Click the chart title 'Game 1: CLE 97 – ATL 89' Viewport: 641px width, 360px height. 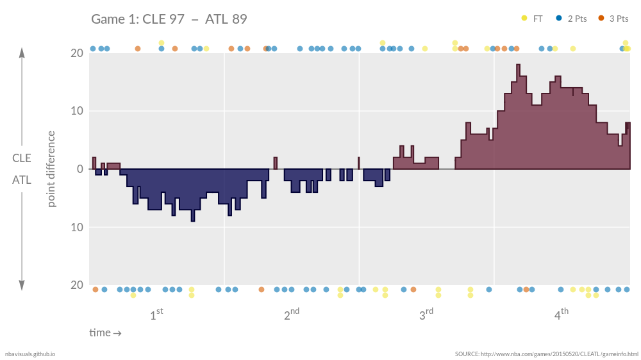[x=169, y=19]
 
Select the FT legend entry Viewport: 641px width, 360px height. [x=533, y=19]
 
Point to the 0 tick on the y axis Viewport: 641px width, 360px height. [x=79, y=169]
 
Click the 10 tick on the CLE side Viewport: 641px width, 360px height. [x=76, y=111]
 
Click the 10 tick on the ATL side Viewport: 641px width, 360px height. [x=76, y=227]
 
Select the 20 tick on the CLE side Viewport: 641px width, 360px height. [x=76, y=53]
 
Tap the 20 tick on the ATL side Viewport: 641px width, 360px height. [x=76, y=285]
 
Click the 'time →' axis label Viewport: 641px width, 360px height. [x=105, y=332]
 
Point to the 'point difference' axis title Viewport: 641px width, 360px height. [x=51, y=169]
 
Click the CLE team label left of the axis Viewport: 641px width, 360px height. [x=22, y=158]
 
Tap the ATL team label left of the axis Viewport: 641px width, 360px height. [x=22, y=181]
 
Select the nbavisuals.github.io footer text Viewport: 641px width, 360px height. [x=30, y=354]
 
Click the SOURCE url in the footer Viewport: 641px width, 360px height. [x=547, y=354]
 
